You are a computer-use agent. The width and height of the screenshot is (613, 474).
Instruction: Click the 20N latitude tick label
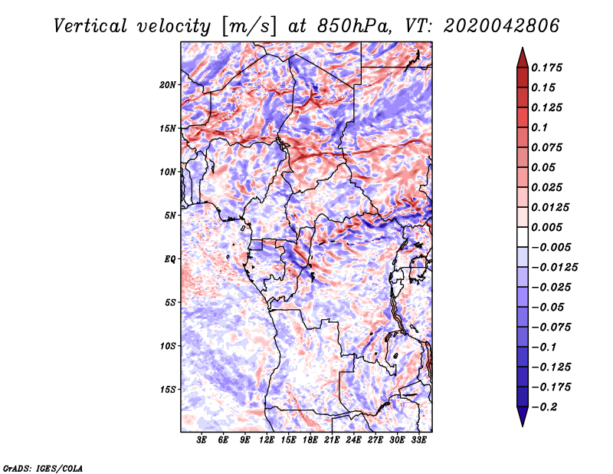point(168,84)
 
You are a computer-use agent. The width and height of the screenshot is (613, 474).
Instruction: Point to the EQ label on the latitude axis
point(170,258)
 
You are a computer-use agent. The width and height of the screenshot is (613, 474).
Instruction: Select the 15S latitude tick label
point(168,389)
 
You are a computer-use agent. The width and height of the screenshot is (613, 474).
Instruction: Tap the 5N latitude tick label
point(170,215)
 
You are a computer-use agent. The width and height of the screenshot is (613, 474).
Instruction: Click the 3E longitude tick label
point(202,440)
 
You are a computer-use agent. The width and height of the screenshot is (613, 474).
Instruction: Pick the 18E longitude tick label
point(310,440)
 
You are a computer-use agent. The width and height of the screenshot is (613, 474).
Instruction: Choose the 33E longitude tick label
point(419,440)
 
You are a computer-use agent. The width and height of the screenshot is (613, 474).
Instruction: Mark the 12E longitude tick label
point(267,440)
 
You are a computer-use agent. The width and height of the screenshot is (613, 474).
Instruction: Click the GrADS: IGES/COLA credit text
point(42,467)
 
